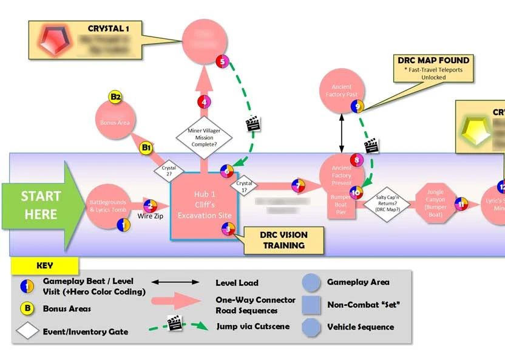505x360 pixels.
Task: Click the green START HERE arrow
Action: tap(38, 205)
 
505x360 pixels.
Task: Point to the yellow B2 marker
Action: tap(115, 97)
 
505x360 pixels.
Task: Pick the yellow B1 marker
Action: tap(146, 148)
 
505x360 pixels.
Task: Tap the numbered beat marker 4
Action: tap(204, 103)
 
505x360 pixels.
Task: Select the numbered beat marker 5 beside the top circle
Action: tap(222, 61)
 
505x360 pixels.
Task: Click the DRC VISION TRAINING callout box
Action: tap(283, 240)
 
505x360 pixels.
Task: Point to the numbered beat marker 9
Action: tap(358, 106)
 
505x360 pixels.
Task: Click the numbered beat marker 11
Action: tap(462, 205)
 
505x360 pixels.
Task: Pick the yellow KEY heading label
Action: tap(45, 265)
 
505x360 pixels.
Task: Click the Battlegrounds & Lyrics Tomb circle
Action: tap(109, 205)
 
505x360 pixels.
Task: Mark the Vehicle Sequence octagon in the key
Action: tap(311, 327)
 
